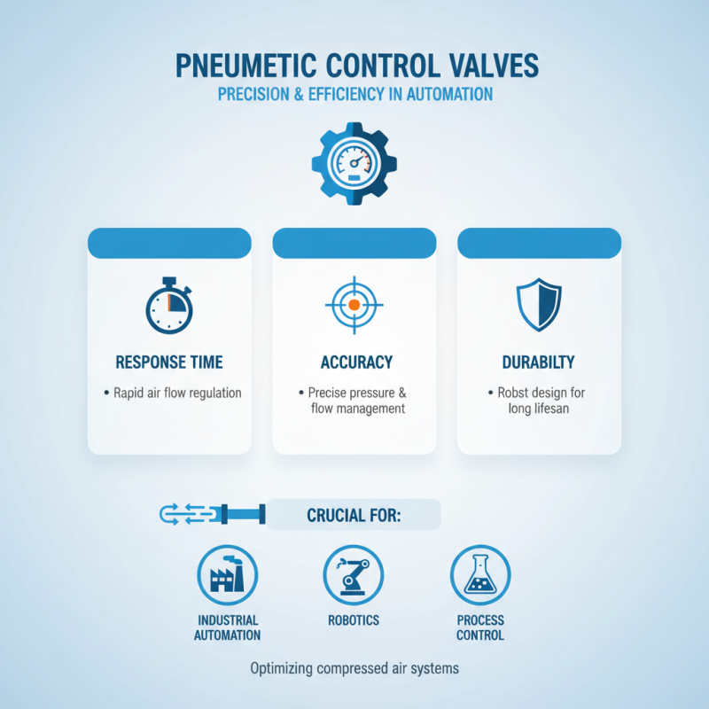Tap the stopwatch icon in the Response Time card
[x=168, y=307]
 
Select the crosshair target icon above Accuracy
[x=354, y=304]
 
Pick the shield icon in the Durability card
[x=539, y=304]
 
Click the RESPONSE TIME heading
[x=168, y=362]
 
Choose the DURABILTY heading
[x=537, y=362]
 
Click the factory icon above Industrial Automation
[x=227, y=574]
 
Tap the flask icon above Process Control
[x=480, y=574]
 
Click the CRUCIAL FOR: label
[x=354, y=515]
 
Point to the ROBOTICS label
[x=354, y=620]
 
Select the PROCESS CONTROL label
[x=480, y=627]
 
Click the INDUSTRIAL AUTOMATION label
[x=228, y=627]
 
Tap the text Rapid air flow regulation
[x=177, y=392]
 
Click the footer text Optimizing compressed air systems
[x=354, y=668]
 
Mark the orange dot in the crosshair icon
[x=354, y=304]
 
